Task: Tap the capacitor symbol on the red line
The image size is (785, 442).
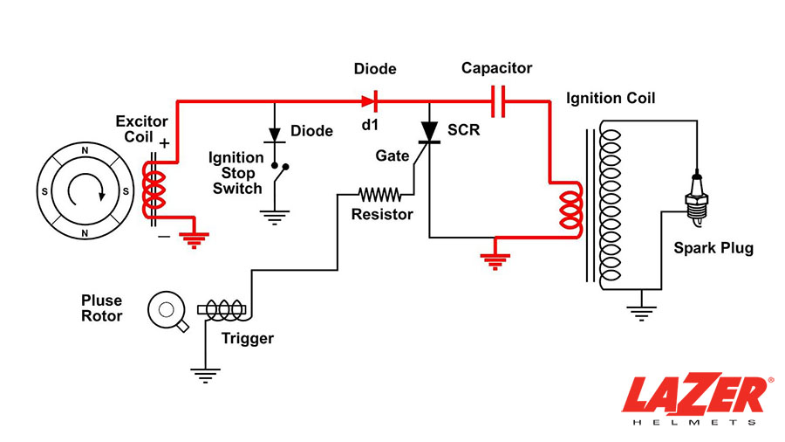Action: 498,101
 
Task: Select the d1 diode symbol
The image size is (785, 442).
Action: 369,101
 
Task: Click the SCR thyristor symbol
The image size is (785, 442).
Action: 429,131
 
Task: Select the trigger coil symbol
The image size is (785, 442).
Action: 224,308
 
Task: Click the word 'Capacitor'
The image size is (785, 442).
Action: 496,68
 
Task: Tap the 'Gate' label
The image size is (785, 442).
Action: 392,155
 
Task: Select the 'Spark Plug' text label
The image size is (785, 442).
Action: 713,248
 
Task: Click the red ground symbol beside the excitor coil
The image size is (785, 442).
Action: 191,238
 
